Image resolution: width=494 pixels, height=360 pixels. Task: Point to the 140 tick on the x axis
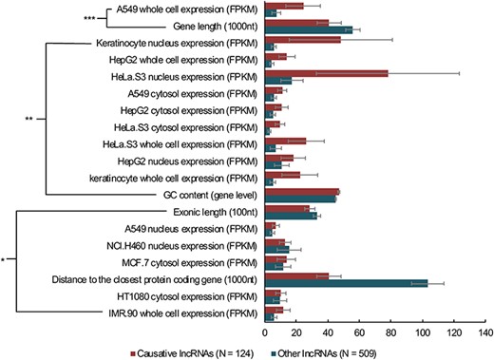(x=484, y=333)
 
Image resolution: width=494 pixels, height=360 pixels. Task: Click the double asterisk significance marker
(x=29, y=119)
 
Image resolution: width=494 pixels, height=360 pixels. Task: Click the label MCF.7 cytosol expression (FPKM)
(x=188, y=261)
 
